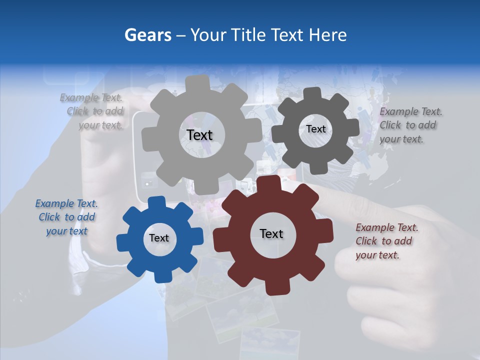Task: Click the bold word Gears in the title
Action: [147, 35]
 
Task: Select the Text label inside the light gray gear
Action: [199, 135]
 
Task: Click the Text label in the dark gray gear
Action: [315, 129]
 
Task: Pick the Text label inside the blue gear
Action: [159, 238]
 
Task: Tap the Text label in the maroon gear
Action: [271, 233]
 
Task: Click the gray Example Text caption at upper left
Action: [91, 111]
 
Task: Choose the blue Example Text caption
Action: [66, 217]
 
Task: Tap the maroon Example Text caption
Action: [386, 241]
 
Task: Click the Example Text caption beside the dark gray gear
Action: [410, 125]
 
